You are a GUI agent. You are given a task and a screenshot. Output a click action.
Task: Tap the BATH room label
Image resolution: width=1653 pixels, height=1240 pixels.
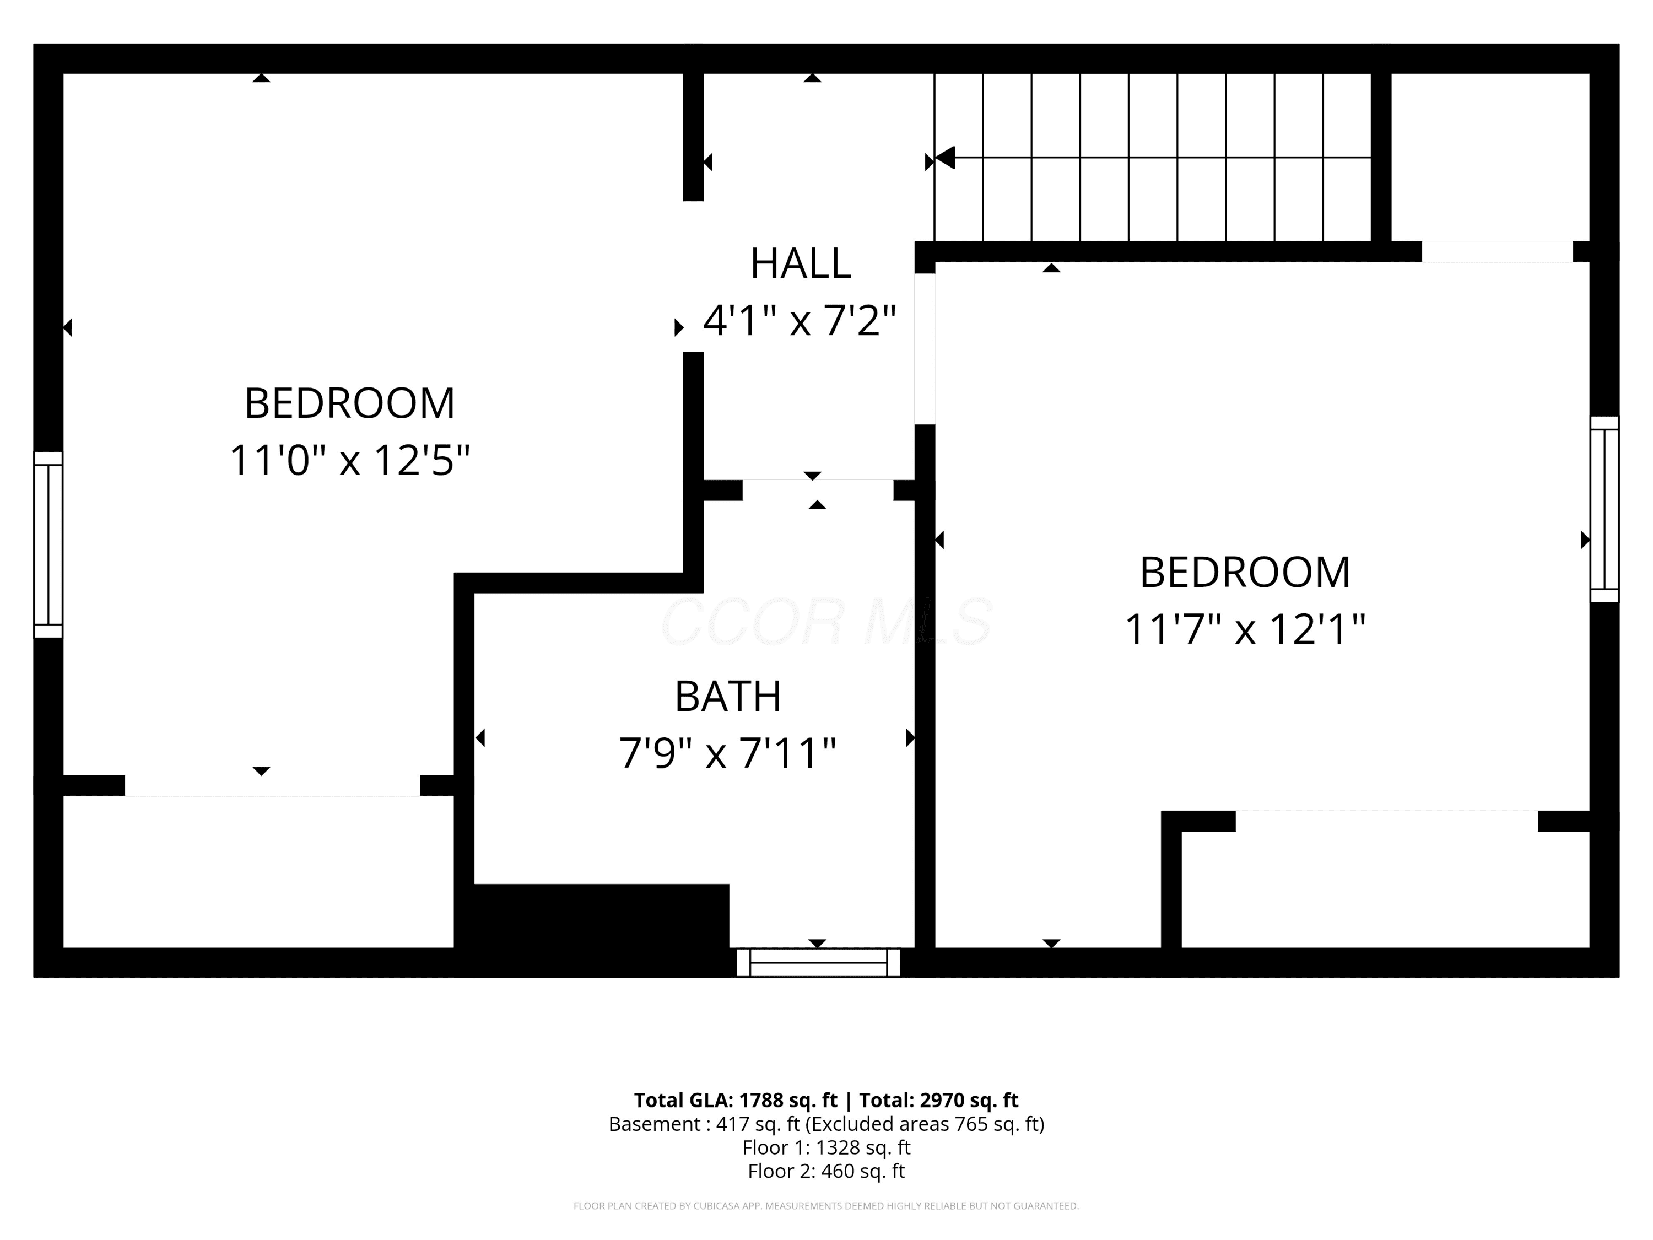coord(728,697)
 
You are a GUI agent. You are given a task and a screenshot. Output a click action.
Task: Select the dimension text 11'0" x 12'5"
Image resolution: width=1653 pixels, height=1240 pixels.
coord(350,460)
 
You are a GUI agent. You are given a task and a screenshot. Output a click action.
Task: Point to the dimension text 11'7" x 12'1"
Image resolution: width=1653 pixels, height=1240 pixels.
coord(1245,629)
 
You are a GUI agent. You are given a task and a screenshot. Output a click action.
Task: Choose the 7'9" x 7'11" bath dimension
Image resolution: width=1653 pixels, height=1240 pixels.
coord(728,753)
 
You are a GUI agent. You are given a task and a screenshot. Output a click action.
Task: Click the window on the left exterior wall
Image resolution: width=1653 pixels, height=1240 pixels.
coord(48,544)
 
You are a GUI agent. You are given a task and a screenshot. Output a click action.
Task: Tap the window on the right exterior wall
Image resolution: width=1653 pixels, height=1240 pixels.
coord(1603,509)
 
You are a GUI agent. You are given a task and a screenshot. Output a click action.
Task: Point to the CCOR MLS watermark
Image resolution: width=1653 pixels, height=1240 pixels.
coord(826,621)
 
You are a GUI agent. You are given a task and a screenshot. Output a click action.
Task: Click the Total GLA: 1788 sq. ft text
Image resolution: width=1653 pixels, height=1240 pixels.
coord(736,1100)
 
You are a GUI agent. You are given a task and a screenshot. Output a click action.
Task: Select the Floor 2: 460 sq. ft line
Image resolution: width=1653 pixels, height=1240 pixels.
coord(826,1171)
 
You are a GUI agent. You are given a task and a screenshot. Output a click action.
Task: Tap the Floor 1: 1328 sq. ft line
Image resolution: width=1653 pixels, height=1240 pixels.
coord(826,1147)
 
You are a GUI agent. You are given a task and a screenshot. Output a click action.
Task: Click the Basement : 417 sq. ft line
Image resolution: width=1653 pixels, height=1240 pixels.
coord(826,1124)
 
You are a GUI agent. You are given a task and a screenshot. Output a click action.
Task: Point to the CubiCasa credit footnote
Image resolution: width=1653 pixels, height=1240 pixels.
coord(826,1206)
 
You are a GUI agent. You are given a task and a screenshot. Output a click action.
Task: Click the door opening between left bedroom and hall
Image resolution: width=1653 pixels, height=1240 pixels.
coord(693,277)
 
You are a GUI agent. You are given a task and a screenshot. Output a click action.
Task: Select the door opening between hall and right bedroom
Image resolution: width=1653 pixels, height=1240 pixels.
coord(925,349)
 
